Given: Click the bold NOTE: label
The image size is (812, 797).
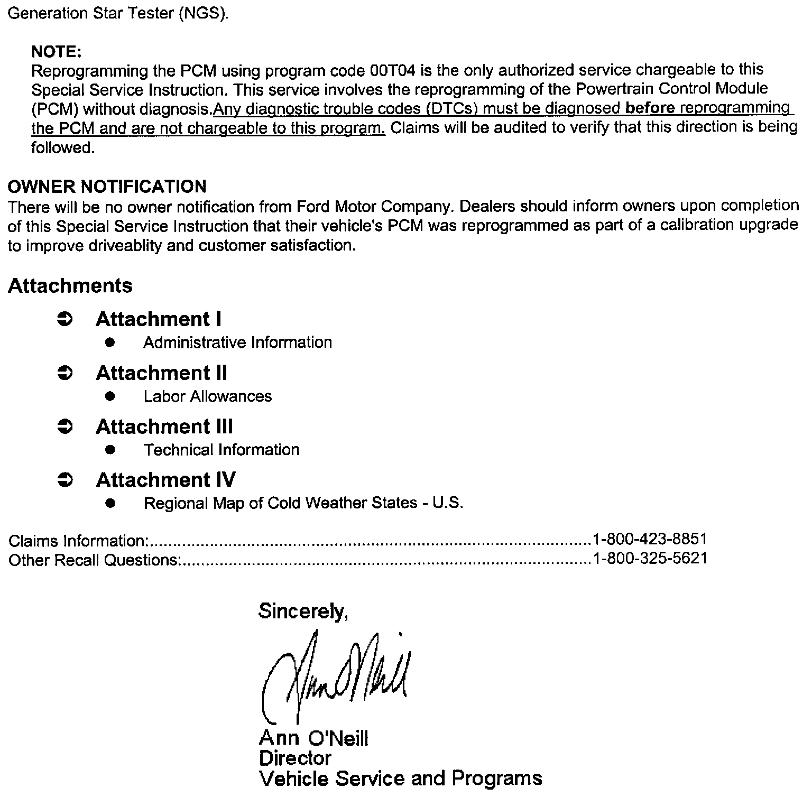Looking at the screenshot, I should (56, 51).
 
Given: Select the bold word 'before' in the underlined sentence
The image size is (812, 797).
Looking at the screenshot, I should (650, 108).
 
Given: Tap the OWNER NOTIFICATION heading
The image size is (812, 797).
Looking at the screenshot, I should (107, 186).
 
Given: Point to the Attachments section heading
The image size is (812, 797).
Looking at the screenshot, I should (70, 285).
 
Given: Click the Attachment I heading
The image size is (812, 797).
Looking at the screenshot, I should (158, 319).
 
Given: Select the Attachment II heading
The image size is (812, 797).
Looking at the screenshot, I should (161, 373).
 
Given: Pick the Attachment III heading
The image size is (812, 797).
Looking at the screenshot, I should (164, 427).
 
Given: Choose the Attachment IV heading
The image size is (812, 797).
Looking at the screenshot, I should (165, 480).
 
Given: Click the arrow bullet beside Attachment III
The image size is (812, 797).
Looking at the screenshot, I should (64, 427).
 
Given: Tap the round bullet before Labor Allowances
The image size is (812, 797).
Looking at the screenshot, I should (110, 396).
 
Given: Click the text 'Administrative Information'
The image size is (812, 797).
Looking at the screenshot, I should (237, 342).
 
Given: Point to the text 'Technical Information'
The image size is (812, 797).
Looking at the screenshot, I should (221, 450).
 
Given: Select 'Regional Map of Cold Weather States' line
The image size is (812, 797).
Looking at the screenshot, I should (303, 503).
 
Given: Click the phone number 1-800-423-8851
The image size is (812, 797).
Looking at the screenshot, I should (650, 539).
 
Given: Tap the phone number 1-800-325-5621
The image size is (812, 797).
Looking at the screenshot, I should (650, 559).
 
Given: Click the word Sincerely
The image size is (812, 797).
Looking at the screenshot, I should (302, 611).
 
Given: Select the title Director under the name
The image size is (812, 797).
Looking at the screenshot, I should (295, 758).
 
